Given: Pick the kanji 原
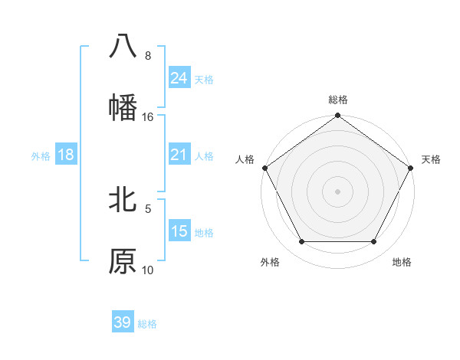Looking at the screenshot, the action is point(123,261).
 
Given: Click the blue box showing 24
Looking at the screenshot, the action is point(179,77).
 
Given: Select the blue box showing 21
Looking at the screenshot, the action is point(179,155).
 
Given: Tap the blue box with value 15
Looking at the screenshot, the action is point(179,231).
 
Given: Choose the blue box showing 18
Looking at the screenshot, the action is point(66,155).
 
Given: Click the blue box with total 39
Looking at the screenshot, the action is point(123,322).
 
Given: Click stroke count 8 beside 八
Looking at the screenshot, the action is point(147,55).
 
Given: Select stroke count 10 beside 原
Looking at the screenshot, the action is point(147,270).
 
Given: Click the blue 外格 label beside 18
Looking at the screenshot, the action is point(41,155).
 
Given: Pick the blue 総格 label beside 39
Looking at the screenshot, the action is point(147,324).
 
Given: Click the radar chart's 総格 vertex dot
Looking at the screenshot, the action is point(337,116).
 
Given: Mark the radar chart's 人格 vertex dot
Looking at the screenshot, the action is point(265,168).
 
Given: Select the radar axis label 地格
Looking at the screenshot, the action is point(402,262).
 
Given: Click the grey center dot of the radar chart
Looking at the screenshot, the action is point(337,191).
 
